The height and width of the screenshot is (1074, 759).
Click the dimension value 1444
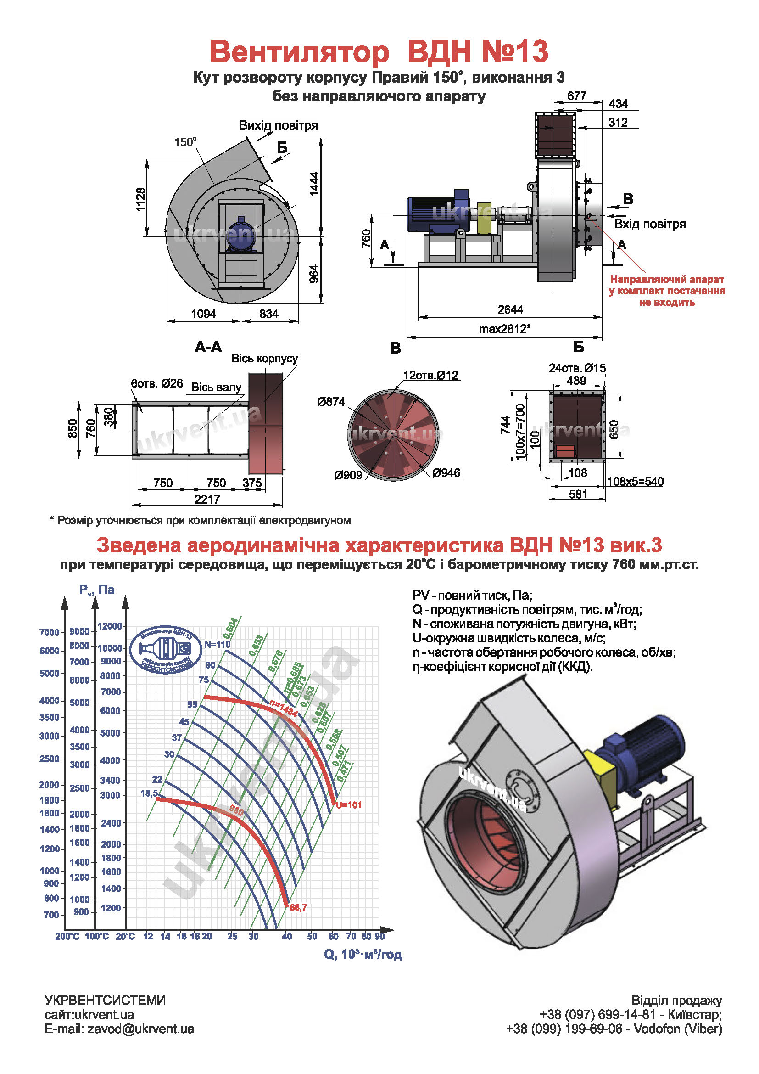coord(314,183)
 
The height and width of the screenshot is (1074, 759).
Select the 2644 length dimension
coord(510,310)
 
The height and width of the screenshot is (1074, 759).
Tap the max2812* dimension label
coord(504,329)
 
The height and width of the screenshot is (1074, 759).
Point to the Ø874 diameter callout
coord(331,402)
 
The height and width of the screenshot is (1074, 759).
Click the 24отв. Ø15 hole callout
coord(577,368)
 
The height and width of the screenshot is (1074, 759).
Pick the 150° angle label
coord(185,142)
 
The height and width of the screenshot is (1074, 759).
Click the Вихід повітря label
coord(279,125)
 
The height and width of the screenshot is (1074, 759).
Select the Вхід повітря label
coord(650,224)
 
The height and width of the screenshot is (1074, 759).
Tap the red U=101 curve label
coord(349,805)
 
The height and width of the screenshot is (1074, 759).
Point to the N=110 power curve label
coord(218,645)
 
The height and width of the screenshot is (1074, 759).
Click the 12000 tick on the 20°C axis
coord(110,626)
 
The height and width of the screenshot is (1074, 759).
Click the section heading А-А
coord(208,347)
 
